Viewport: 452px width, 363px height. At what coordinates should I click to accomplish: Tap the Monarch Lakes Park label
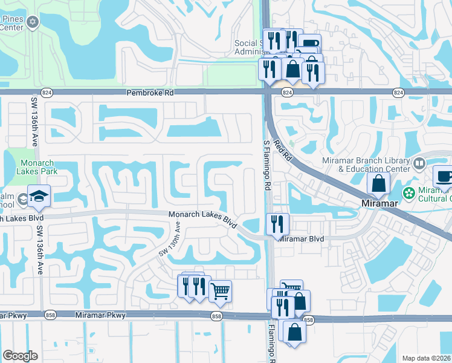[x=37, y=168]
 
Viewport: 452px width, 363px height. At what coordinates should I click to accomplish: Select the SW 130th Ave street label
[x=170, y=238]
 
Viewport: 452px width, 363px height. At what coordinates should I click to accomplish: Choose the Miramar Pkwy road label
[x=100, y=315]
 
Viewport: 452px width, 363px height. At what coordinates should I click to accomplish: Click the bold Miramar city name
[x=379, y=203]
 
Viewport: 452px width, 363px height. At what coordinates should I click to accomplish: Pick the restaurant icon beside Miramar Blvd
[x=277, y=223]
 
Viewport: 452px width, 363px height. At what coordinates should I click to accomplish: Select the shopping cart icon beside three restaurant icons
[x=220, y=291]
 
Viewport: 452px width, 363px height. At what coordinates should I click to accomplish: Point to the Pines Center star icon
[x=33, y=22]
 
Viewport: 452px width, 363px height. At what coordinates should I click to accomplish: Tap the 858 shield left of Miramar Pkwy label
[x=48, y=315]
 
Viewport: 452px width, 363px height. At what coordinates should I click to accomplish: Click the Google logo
[x=20, y=356]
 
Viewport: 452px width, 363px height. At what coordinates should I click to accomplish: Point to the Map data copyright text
[x=427, y=358]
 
